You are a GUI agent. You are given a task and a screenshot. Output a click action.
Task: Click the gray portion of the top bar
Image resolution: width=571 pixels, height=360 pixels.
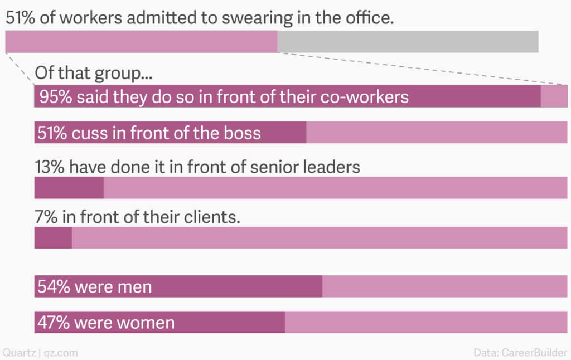pos(408,42)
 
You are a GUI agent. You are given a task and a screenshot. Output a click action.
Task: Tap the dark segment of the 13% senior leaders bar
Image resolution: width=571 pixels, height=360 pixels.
pos(69,188)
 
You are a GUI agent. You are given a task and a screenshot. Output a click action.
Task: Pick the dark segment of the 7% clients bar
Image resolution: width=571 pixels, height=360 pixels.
pos(53,237)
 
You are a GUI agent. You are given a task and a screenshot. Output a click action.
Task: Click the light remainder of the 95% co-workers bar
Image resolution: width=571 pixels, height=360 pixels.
pos(554,96)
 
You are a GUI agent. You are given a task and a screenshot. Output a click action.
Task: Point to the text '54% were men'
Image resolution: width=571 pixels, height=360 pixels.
pos(94,287)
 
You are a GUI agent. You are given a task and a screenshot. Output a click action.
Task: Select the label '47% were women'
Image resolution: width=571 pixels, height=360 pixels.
pos(105,323)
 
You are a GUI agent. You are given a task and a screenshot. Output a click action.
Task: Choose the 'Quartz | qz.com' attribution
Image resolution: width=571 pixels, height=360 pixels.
pos(40,352)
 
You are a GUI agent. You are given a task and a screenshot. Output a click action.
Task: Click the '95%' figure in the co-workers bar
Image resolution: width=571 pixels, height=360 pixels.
pos(55,97)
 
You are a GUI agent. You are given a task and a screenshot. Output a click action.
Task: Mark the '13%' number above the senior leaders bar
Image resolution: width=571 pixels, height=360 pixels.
pos(50,167)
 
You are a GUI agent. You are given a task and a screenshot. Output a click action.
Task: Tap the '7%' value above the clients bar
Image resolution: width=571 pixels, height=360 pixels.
pos(46,216)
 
